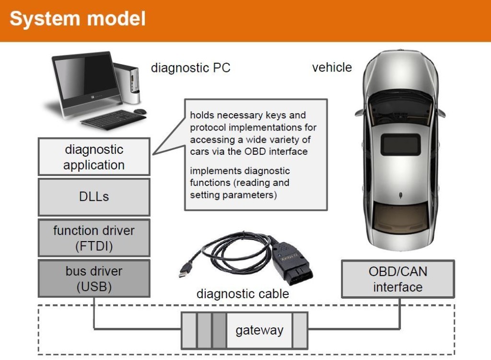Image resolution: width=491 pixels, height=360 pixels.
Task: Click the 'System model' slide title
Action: (x=78, y=19)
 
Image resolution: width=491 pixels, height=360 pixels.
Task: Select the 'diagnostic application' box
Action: (x=94, y=157)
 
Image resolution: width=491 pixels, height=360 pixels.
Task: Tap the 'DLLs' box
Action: (x=94, y=197)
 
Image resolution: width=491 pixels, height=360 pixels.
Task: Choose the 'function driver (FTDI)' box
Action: (x=94, y=238)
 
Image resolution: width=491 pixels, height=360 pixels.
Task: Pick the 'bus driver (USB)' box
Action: (x=94, y=279)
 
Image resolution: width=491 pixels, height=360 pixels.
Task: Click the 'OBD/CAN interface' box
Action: (x=397, y=279)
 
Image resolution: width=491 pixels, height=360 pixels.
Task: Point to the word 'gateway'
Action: (x=259, y=330)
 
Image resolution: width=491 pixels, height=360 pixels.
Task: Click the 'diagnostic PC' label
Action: (x=190, y=68)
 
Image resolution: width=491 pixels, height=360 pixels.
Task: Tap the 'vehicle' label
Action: (x=332, y=68)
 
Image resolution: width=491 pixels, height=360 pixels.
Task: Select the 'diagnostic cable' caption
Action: (x=243, y=293)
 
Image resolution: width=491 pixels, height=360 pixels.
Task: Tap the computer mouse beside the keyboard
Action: (x=140, y=111)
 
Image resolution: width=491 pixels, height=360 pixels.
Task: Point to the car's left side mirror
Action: (x=360, y=113)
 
